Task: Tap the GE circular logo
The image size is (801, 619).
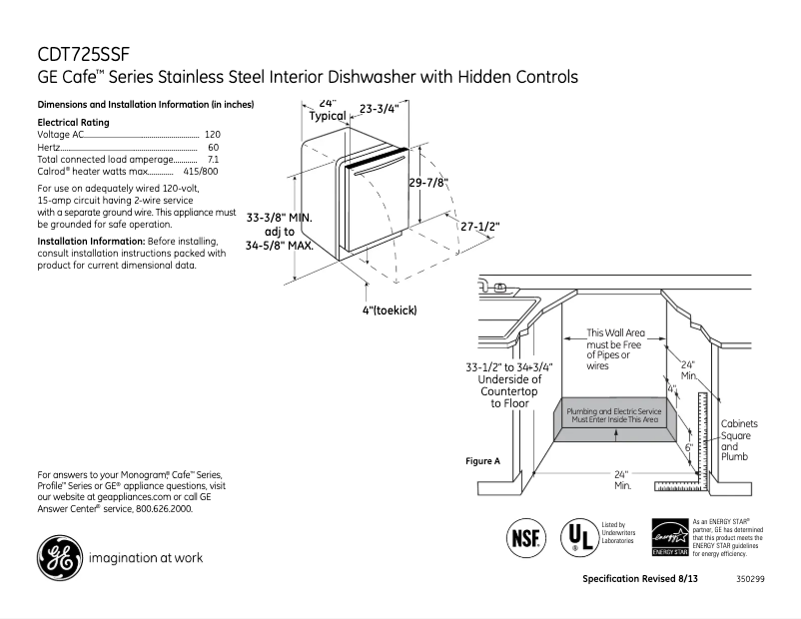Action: pyautogui.click(x=59, y=557)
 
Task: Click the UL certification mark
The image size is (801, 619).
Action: pyautogui.click(x=577, y=537)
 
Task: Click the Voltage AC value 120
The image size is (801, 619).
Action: pyautogui.click(x=212, y=134)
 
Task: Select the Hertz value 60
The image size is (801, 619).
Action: pyautogui.click(x=213, y=147)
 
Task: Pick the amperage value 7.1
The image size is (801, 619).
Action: pyautogui.click(x=213, y=159)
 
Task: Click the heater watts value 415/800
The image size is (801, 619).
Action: pyautogui.click(x=201, y=172)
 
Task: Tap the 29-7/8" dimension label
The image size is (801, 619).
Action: pyautogui.click(x=428, y=183)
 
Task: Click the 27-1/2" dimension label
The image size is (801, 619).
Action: pyautogui.click(x=479, y=227)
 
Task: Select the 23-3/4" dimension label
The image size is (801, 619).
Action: pyautogui.click(x=379, y=109)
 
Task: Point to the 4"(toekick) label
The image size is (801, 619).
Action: pyautogui.click(x=389, y=310)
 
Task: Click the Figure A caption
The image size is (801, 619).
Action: pyautogui.click(x=483, y=461)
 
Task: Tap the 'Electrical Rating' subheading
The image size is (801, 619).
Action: pyautogui.click(x=73, y=122)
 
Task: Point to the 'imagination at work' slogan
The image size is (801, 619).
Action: pyautogui.click(x=146, y=557)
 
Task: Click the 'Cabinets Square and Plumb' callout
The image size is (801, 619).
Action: pyautogui.click(x=740, y=440)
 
